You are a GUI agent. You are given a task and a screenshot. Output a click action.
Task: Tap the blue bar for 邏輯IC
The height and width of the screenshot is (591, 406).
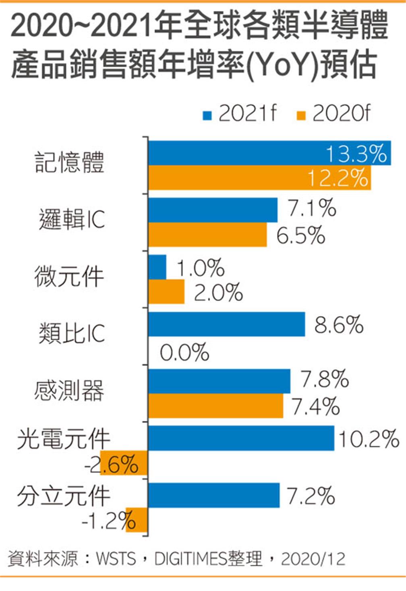(213, 210)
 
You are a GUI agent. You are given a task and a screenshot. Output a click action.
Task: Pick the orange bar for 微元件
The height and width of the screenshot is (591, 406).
(166, 291)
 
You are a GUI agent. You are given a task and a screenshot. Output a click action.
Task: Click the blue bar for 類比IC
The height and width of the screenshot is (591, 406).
(226, 324)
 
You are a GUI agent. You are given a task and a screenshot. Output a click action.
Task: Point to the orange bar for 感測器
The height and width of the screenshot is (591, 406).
(215, 406)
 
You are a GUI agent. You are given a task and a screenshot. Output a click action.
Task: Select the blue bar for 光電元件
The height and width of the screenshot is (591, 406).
(241, 438)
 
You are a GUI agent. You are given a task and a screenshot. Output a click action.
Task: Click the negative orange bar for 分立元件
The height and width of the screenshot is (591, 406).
(137, 520)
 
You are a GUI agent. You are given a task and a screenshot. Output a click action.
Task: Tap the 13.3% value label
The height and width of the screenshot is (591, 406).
(356, 153)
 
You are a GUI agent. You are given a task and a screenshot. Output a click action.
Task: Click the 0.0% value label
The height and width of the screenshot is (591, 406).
(184, 353)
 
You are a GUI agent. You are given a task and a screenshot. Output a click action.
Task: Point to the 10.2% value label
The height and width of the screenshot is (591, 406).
(369, 438)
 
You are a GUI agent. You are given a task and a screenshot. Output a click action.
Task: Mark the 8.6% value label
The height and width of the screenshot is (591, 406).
(339, 324)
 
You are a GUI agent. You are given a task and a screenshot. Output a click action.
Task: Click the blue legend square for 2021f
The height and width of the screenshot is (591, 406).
(207, 116)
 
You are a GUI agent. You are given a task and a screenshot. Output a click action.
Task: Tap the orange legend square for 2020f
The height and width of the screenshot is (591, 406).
(301, 116)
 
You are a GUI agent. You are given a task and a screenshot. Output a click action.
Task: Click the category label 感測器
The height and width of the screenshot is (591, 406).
(69, 391)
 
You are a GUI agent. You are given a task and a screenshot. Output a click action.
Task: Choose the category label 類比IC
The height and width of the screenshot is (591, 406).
(72, 333)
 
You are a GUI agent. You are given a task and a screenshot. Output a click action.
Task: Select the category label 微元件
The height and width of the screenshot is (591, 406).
(69, 277)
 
